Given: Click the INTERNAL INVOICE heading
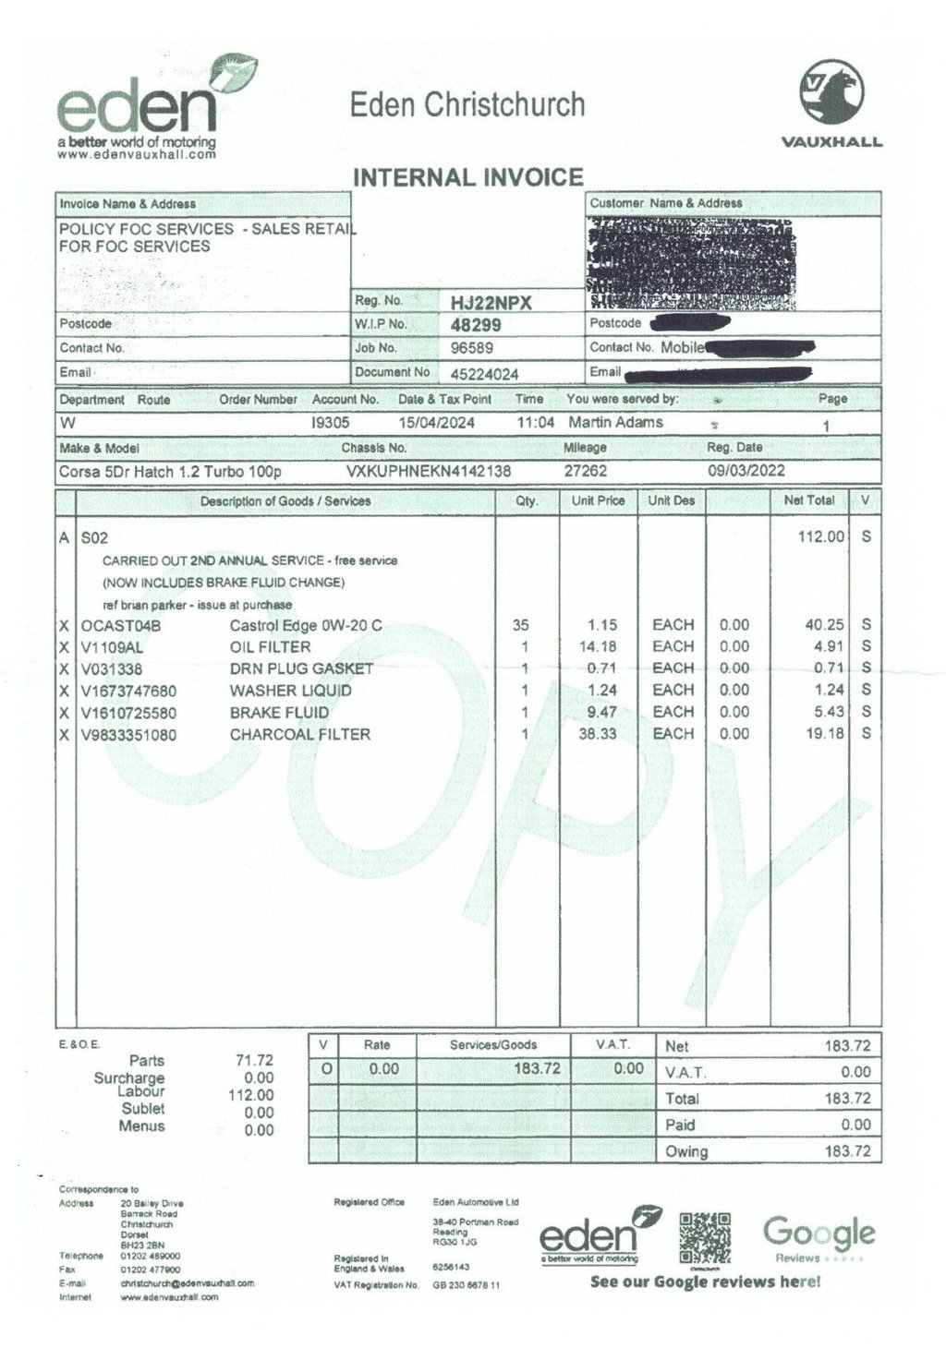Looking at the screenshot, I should point(468,177).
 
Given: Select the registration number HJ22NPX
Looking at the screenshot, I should point(492,303).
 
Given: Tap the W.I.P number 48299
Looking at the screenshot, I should point(476,325).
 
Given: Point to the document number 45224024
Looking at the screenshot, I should point(484,373).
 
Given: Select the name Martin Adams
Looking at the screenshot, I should point(615,422).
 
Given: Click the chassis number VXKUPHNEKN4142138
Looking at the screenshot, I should point(429,471).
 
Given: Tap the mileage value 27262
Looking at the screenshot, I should point(585,471).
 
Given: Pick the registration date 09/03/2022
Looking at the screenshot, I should point(746,471).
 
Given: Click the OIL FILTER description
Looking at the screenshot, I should point(270,646).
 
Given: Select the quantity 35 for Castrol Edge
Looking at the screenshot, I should point(520,625).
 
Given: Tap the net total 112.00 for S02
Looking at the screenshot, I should point(822,536).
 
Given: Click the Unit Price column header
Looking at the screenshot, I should point(598,500).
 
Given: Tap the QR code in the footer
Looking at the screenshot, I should point(705,1238).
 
